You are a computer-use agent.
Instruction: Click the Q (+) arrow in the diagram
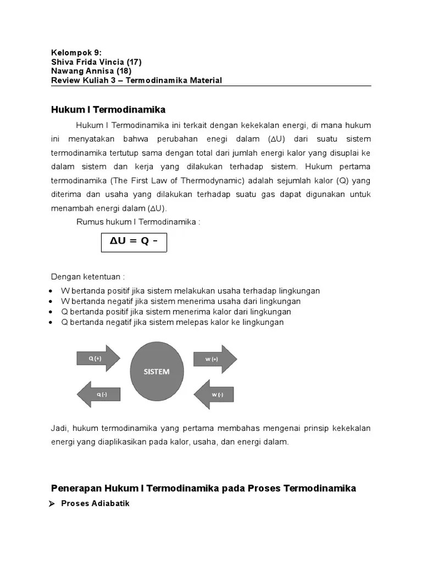[x=97, y=358]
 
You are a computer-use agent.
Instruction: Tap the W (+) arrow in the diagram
[x=214, y=359]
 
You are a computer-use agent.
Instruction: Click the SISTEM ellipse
[x=157, y=372]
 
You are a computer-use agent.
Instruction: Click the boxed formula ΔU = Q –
[x=134, y=241]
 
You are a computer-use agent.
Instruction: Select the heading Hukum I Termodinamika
[x=108, y=110]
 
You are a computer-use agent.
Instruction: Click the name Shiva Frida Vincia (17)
[x=96, y=62]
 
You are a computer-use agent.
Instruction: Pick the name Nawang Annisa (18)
[x=91, y=71]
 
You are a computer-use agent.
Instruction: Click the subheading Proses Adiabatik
[x=95, y=503]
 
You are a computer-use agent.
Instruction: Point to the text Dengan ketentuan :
[x=88, y=277]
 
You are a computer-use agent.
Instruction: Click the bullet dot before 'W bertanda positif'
[x=51, y=291]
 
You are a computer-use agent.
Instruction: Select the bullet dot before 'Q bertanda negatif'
[x=51, y=323]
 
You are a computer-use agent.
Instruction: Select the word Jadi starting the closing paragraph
[x=59, y=428]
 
